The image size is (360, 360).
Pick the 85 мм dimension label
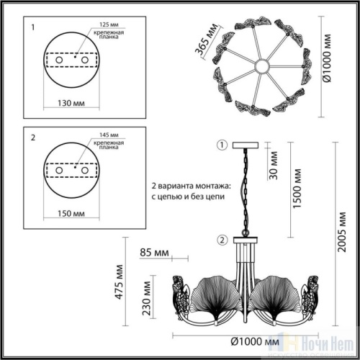coord(154,253)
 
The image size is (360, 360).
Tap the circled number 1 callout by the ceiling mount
coord(222,145)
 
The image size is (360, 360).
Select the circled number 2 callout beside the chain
coord(222,239)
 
